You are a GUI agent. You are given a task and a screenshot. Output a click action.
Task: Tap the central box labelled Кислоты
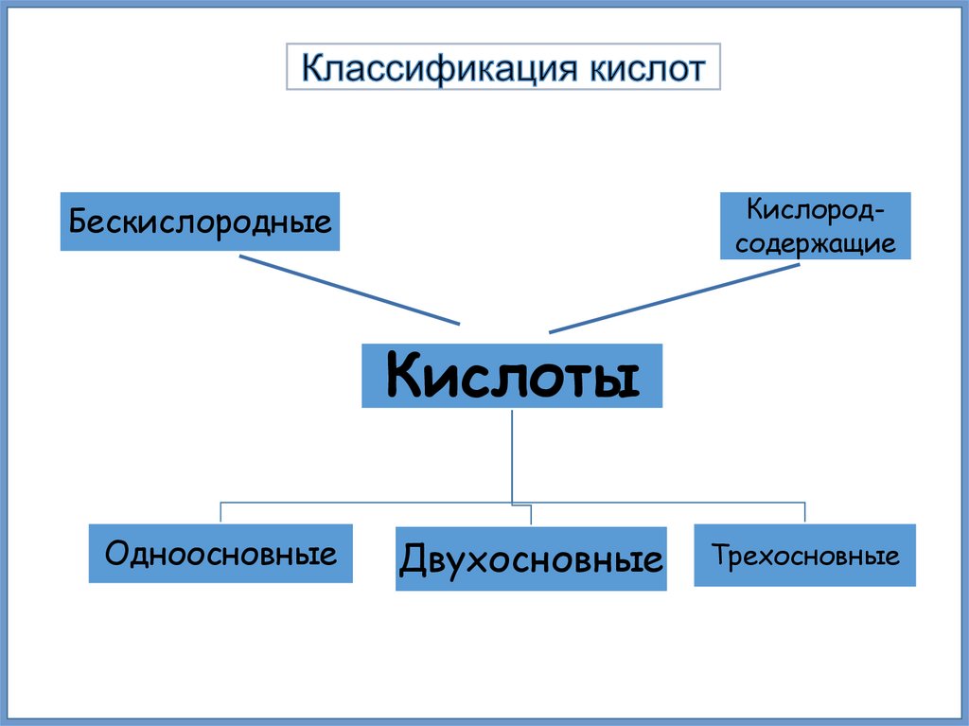511,376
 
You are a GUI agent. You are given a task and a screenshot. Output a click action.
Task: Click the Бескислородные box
200,222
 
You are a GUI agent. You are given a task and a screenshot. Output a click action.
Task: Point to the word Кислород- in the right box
816,207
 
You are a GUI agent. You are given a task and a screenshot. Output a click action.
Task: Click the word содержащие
816,243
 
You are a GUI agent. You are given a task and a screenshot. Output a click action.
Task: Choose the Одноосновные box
220,554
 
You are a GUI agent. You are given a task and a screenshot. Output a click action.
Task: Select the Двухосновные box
531,559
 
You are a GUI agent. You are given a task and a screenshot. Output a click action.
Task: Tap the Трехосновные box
805,555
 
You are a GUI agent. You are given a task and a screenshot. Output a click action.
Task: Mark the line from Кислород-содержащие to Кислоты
674,298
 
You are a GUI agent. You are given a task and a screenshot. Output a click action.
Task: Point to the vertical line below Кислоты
511,454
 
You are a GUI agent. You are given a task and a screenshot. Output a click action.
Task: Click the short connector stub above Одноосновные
220,512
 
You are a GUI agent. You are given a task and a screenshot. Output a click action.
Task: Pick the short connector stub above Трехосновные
805,512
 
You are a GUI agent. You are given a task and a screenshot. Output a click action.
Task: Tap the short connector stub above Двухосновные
531,514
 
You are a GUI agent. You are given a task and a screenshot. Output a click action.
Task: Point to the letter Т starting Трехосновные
720,555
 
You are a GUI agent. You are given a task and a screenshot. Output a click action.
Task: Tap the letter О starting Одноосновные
115,553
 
